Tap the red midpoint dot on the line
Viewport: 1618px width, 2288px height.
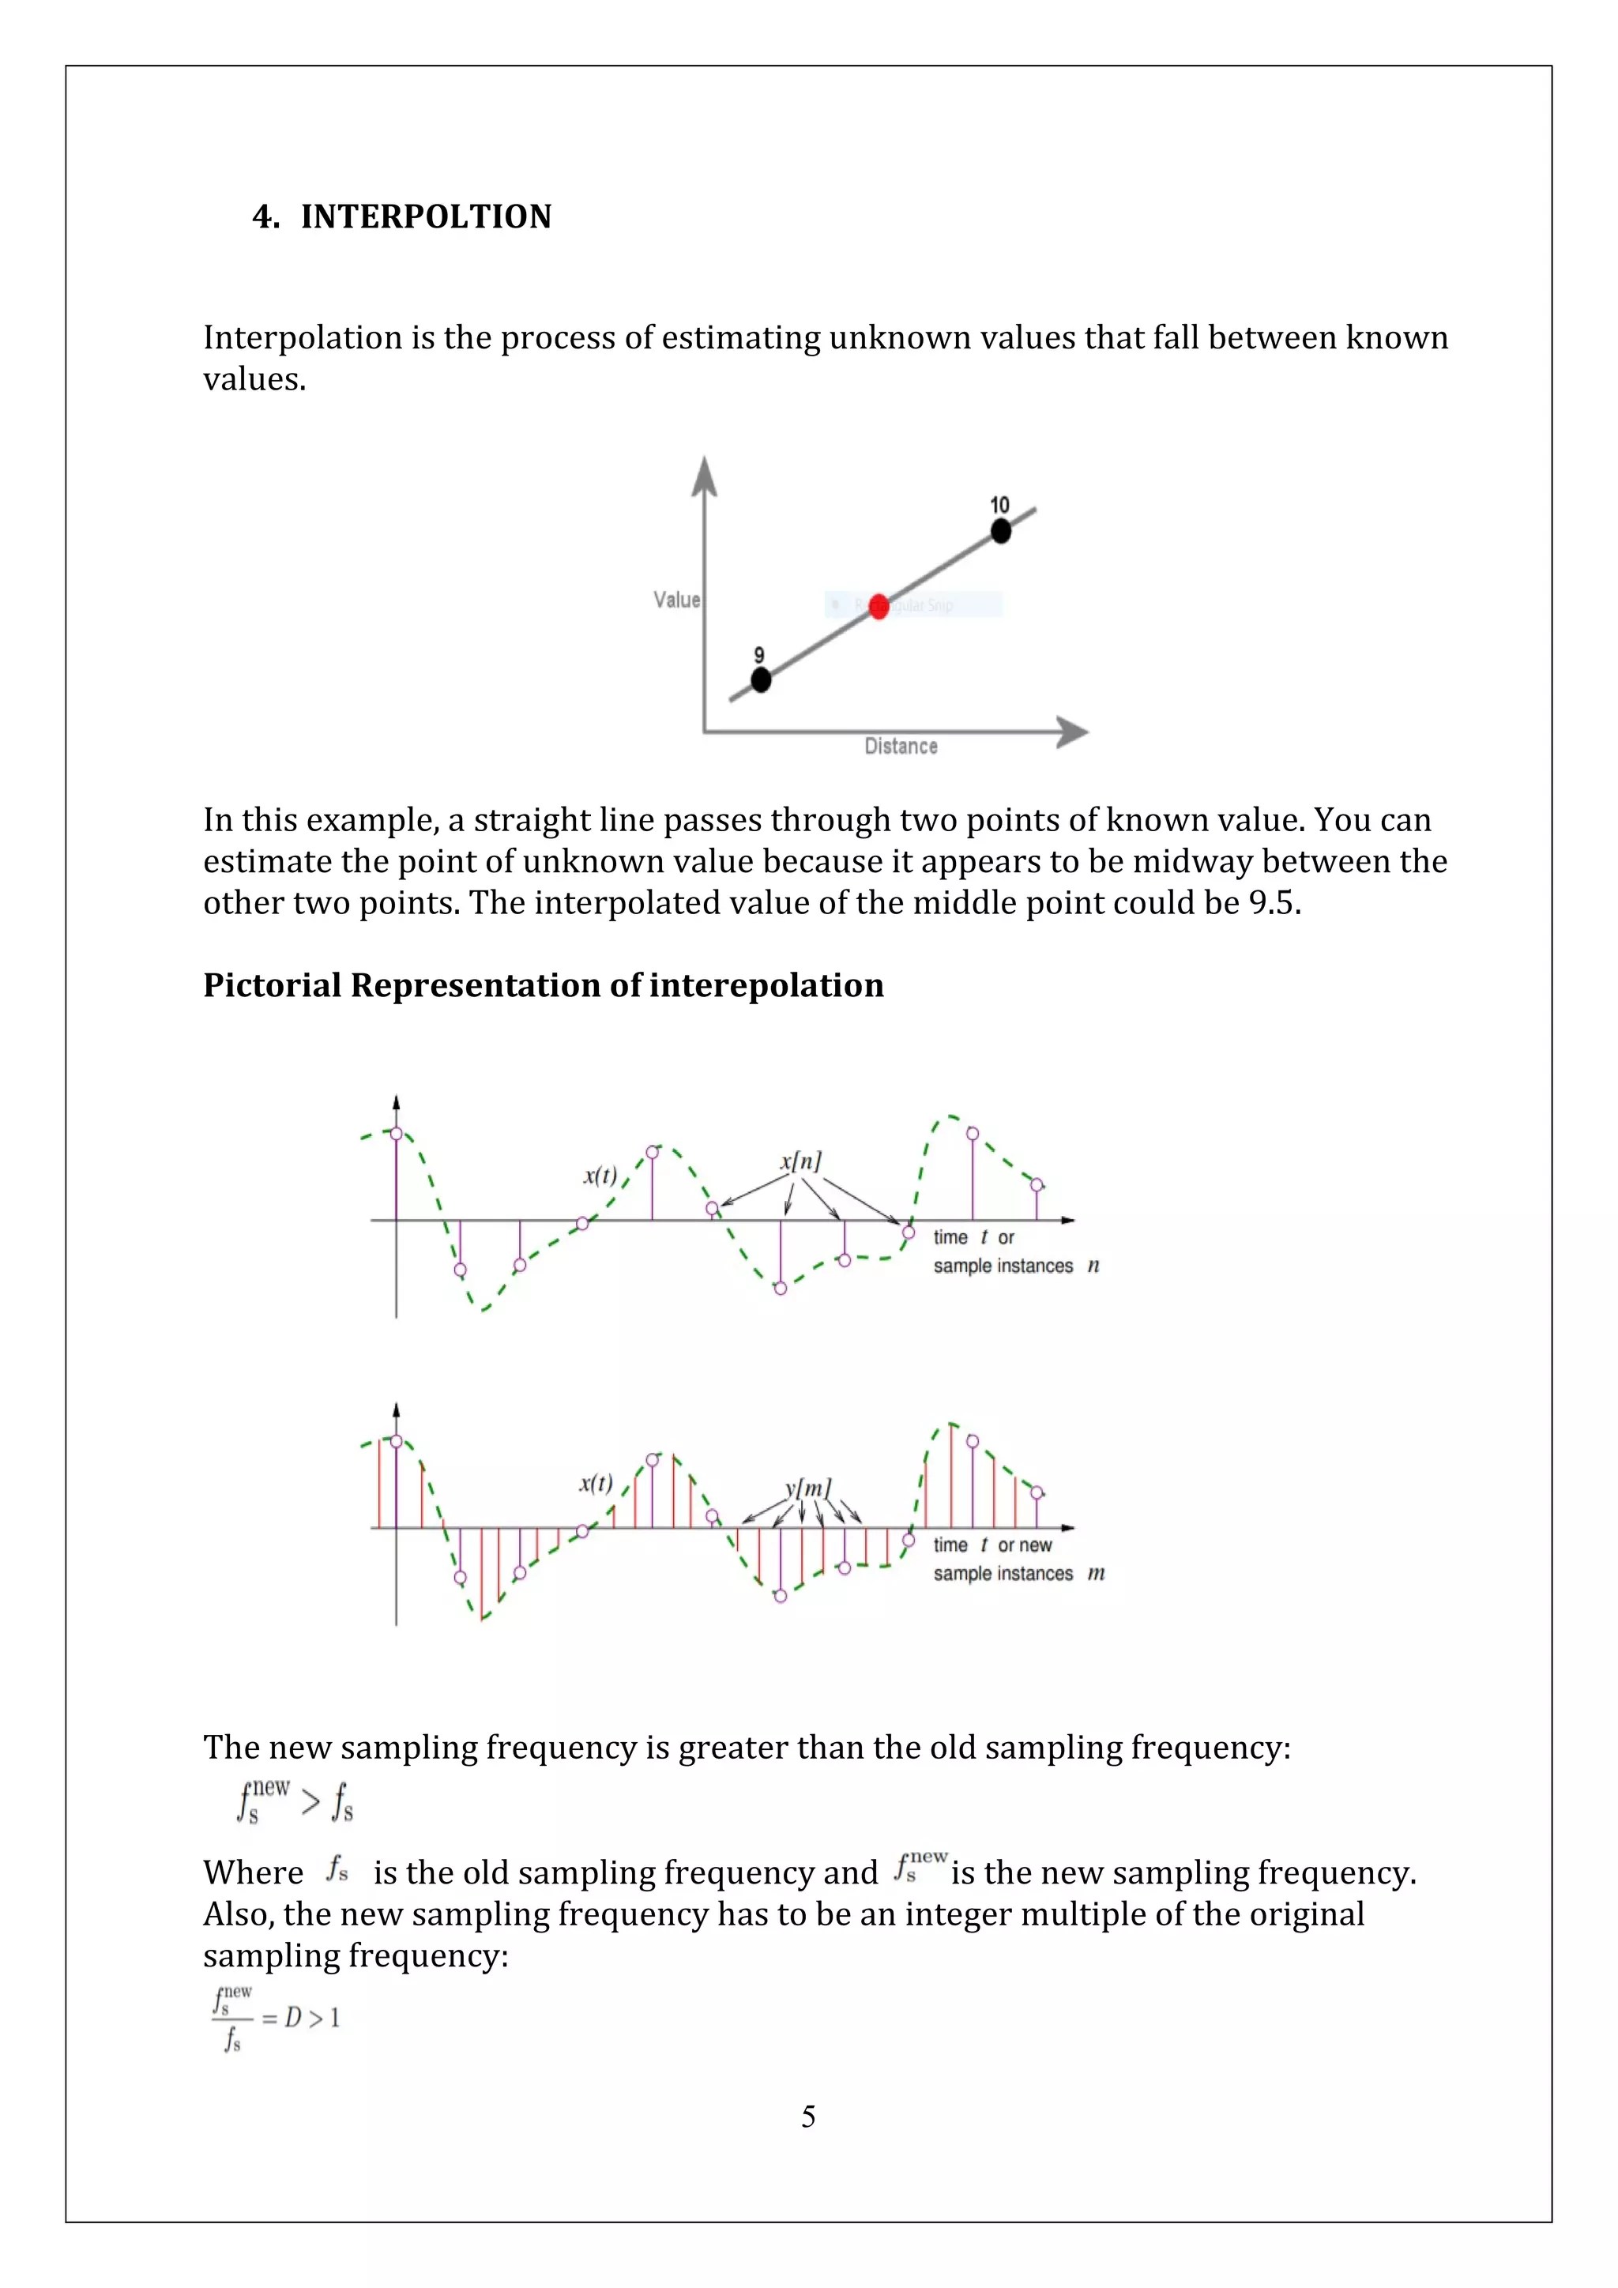[x=878, y=606]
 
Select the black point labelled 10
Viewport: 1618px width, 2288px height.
[x=1000, y=531]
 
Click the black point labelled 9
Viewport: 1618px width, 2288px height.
[x=760, y=679]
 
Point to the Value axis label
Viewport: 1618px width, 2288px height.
[x=676, y=599]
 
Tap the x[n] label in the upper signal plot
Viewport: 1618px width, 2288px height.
[x=800, y=1161]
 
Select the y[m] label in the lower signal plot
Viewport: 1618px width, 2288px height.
[x=808, y=1488]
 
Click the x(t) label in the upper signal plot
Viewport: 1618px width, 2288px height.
[x=600, y=1176]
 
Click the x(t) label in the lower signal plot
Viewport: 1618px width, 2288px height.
[x=596, y=1483]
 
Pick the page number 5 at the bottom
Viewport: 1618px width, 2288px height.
[x=808, y=2116]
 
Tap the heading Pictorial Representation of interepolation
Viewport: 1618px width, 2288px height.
[x=543, y=985]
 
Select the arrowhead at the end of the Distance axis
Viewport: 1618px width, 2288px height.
[x=1073, y=732]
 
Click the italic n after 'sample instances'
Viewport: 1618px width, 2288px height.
[x=1093, y=1266]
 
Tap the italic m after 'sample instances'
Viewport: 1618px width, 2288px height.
[x=1096, y=1572]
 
